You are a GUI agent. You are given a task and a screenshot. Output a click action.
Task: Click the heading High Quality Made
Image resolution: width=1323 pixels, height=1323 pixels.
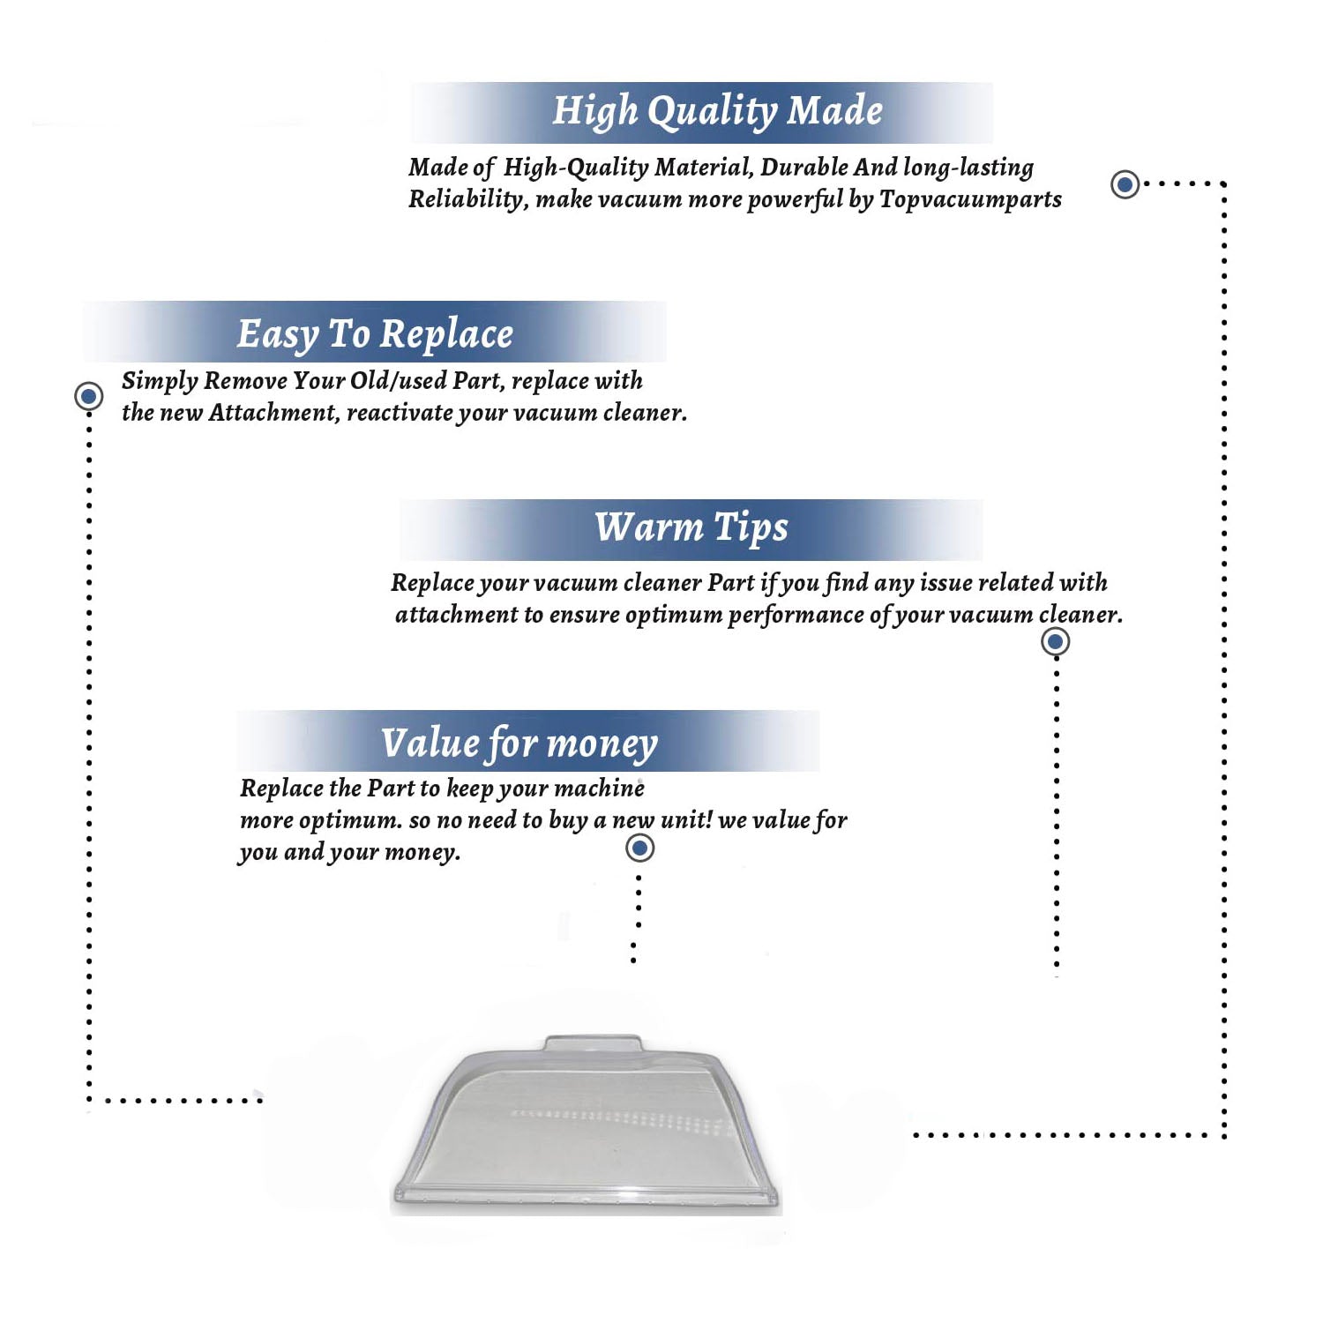click(x=717, y=112)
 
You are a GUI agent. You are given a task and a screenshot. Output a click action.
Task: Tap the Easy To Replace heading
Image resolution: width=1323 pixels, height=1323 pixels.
click(x=375, y=334)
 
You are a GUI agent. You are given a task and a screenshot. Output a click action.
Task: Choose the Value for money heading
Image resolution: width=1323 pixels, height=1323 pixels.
click(x=519, y=744)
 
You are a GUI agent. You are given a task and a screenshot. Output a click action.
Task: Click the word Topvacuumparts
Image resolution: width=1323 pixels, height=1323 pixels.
click(x=970, y=200)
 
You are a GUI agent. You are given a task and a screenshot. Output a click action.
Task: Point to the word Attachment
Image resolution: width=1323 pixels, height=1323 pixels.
click(x=273, y=413)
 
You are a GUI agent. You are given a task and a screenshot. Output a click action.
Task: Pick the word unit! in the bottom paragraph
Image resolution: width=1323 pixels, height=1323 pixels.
click(x=685, y=819)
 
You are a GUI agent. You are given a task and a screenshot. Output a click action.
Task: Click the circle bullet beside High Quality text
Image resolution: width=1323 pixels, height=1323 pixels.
click(x=1125, y=184)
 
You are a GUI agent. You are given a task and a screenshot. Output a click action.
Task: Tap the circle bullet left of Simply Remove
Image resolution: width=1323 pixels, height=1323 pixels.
click(x=88, y=396)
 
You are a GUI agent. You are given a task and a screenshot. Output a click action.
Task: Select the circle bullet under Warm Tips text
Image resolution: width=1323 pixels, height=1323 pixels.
click(x=1056, y=641)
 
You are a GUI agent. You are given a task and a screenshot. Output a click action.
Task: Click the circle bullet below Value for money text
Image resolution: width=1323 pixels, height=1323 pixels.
click(x=639, y=848)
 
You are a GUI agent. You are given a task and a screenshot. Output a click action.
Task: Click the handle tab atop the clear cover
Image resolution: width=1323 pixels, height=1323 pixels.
click(x=592, y=1044)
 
